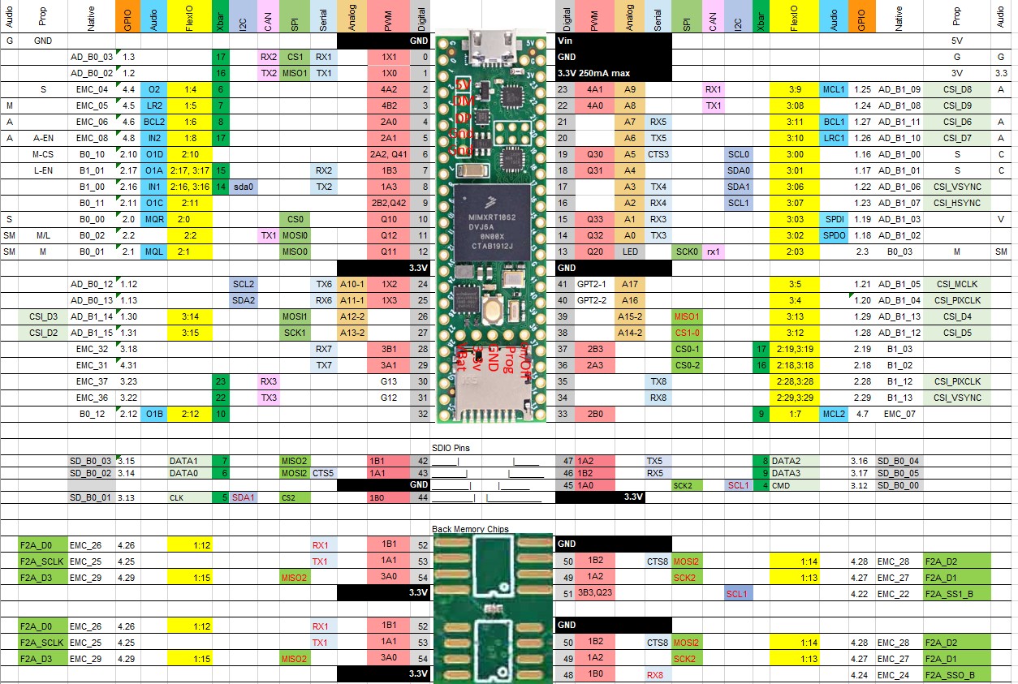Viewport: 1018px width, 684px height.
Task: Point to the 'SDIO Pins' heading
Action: coord(451,447)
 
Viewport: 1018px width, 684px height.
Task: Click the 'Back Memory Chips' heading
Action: coord(471,529)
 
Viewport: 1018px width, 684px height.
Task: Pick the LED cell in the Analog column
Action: coord(629,252)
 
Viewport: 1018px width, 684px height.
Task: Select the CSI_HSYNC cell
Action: coord(956,203)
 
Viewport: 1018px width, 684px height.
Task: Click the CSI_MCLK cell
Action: coord(956,284)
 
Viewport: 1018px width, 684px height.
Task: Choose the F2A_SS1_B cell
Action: coord(956,593)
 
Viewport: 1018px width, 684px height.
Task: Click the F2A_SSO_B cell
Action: coord(956,674)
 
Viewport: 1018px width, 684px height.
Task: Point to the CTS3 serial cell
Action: coord(658,154)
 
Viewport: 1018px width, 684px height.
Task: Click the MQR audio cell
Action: coord(153,219)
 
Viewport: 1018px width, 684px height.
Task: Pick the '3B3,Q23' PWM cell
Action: coord(595,593)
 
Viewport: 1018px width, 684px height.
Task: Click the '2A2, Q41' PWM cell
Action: coord(389,154)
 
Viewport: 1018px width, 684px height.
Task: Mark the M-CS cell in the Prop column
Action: coord(43,154)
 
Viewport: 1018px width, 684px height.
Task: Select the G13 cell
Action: coord(389,381)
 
